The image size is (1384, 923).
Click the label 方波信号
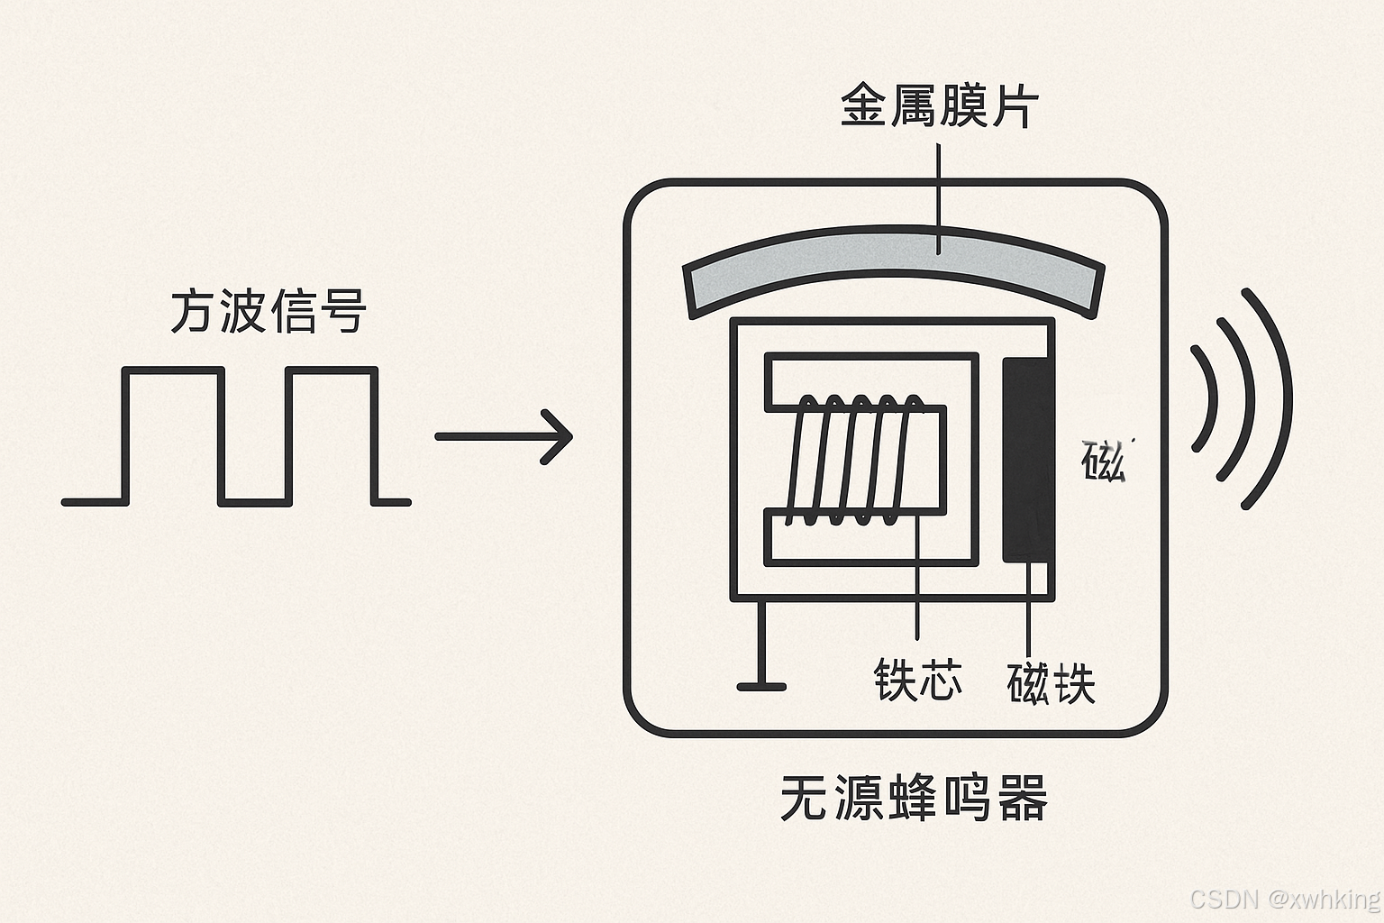(x=269, y=311)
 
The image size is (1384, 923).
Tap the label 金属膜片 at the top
(x=939, y=106)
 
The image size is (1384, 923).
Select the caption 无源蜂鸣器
(x=914, y=798)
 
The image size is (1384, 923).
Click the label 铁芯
(x=917, y=680)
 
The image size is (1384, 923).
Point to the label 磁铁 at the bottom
(x=1051, y=683)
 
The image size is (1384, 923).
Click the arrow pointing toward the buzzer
(x=504, y=436)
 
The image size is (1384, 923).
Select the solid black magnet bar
(x=1028, y=460)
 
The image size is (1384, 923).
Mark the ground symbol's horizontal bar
(x=761, y=687)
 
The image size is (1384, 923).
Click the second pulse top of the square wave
(x=331, y=370)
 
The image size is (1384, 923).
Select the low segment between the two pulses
(x=252, y=501)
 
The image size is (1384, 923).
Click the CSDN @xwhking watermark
(x=1285, y=899)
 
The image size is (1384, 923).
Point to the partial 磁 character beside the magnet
(x=1103, y=461)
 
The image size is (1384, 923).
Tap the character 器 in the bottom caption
(x=1022, y=798)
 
